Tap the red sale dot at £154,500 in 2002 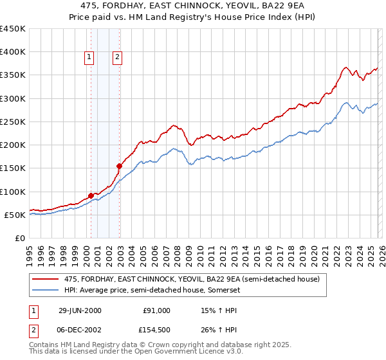point(119,166)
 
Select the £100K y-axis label point(13,192)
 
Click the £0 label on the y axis point(20,238)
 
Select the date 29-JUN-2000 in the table point(80,310)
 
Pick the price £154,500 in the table point(157,330)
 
